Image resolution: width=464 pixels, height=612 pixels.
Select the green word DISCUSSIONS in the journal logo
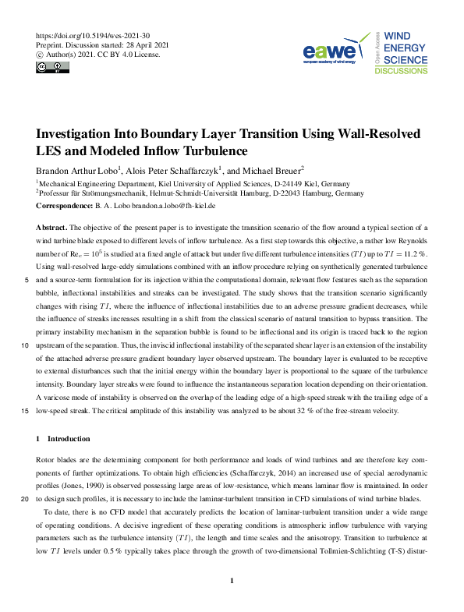(x=401, y=70)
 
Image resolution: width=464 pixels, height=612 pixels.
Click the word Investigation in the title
(x=79, y=134)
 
